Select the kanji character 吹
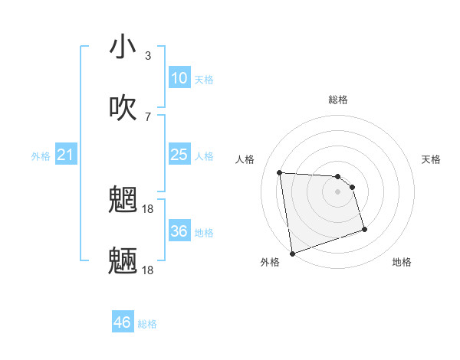[x=123, y=108]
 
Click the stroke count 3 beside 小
[x=148, y=55]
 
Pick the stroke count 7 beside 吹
[x=148, y=116]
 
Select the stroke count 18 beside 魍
[x=148, y=208]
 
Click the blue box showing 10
[x=179, y=78]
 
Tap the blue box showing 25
[x=179, y=155]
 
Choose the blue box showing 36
[x=179, y=231]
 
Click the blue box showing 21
[x=66, y=155]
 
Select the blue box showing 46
[x=123, y=322]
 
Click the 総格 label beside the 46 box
[x=147, y=324]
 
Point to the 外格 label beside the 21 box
[x=41, y=156]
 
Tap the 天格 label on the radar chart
[x=432, y=159]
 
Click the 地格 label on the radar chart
[x=402, y=262]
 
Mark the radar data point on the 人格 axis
[x=280, y=172]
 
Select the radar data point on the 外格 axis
[x=292, y=252]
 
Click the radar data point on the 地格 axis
[x=364, y=229]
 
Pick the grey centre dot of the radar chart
[x=338, y=191]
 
